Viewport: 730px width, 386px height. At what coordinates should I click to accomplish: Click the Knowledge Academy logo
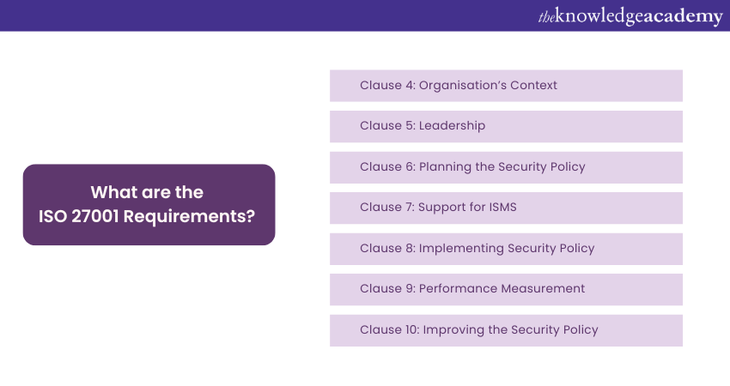pyautogui.click(x=630, y=17)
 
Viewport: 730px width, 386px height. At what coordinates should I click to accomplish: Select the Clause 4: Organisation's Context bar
pyautogui.click(x=506, y=86)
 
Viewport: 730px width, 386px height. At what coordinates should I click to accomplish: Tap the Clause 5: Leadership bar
pyautogui.click(x=506, y=126)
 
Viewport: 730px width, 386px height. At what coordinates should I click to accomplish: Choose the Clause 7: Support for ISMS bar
pyautogui.click(x=506, y=208)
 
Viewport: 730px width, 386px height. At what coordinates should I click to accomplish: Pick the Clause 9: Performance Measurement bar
pyautogui.click(x=506, y=290)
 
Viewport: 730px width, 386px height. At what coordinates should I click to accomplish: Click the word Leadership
pyautogui.click(x=452, y=126)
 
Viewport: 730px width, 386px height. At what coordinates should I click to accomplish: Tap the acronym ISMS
pyautogui.click(x=502, y=207)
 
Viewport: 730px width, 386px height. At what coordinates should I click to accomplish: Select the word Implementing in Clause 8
pyautogui.click(x=461, y=249)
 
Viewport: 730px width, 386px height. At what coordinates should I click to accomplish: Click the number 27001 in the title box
pyautogui.click(x=95, y=216)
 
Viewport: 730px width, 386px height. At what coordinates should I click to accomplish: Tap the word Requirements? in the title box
pyautogui.click(x=189, y=217)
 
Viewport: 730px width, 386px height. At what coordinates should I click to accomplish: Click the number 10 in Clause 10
pyautogui.click(x=412, y=329)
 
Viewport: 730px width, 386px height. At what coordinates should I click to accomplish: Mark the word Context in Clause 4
pyautogui.click(x=533, y=85)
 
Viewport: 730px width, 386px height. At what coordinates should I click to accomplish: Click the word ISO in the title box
pyautogui.click(x=52, y=216)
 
